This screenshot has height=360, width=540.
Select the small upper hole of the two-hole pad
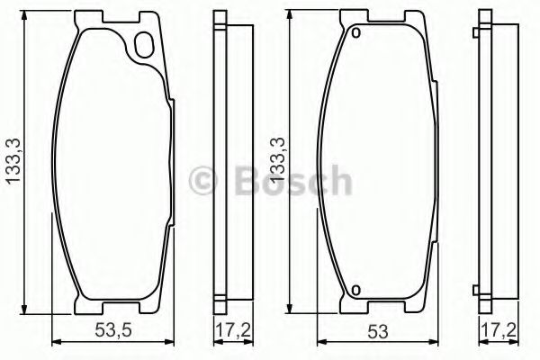pos(355,35)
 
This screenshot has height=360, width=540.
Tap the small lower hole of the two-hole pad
pos(355,290)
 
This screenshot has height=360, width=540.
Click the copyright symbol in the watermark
pos(208,181)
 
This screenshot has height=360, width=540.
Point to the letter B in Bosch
pos(246,181)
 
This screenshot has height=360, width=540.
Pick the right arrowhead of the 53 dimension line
pos(434,342)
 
